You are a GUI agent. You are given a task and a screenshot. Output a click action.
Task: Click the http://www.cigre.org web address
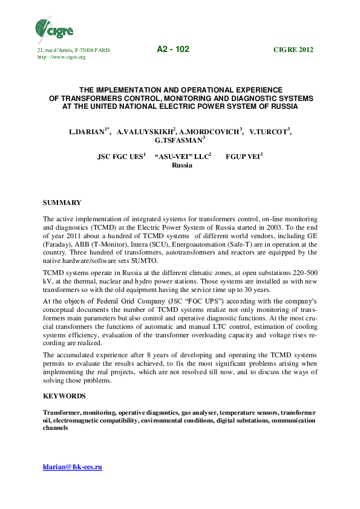(62, 57)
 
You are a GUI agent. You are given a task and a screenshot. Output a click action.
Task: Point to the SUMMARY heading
(62, 202)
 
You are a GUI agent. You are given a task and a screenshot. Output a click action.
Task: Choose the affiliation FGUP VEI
(243, 157)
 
